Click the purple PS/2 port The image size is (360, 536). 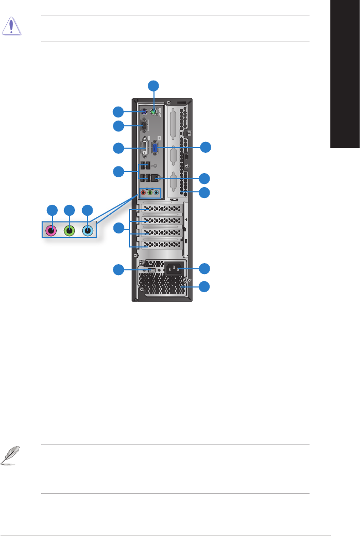(144, 111)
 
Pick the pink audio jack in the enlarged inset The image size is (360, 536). (52, 230)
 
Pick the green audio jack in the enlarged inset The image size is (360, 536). (69, 230)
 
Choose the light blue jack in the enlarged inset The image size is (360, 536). (87, 230)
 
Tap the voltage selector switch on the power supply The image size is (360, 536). (151, 270)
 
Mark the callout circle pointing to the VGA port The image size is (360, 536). (206, 147)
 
